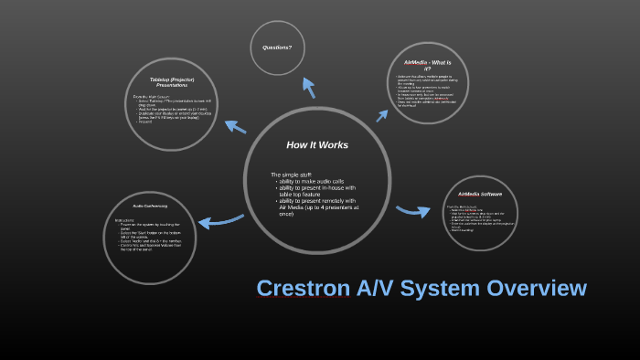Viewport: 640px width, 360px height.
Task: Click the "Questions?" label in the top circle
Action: (x=277, y=47)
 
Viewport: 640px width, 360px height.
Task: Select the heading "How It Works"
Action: (x=317, y=145)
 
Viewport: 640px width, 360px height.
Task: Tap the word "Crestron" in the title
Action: (x=303, y=289)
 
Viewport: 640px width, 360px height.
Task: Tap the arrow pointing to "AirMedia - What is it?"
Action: (x=382, y=115)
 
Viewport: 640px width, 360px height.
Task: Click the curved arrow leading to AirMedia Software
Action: (x=413, y=211)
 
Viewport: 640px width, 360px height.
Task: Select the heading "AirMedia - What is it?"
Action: (x=428, y=64)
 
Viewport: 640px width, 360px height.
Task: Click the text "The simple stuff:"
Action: (x=293, y=175)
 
